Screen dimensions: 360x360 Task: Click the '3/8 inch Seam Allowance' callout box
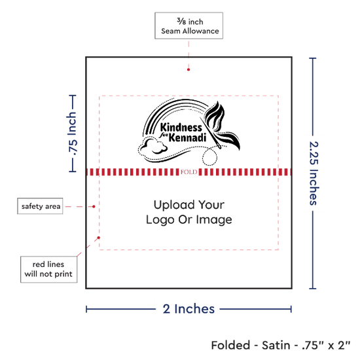189,26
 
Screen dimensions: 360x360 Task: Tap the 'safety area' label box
40,206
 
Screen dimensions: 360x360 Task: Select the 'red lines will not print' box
48,269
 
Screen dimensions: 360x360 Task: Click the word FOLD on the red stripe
189,172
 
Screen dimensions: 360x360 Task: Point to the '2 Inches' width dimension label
189,309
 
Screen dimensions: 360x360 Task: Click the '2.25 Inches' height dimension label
314,173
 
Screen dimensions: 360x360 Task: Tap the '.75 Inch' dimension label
72,134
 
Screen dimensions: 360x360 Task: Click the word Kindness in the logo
181,128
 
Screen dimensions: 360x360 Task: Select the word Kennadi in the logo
187,138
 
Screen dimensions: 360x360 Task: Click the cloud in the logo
153,146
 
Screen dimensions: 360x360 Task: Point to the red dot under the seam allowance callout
189,69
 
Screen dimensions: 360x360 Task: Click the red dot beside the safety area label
94,207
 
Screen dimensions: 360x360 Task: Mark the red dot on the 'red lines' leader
98,238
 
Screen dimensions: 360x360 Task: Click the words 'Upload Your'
189,205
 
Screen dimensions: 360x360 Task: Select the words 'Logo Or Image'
189,220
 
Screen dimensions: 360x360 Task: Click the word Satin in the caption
276,346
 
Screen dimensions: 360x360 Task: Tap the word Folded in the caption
230,346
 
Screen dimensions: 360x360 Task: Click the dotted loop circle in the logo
209,156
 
